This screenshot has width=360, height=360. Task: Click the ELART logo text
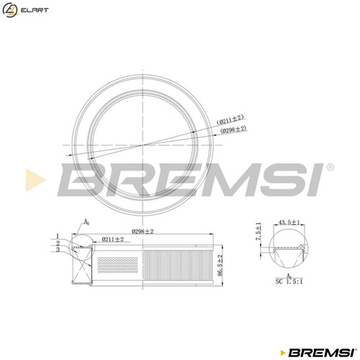35,10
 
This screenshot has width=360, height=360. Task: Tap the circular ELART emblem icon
10,10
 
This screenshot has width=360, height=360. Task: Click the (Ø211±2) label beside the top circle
230,120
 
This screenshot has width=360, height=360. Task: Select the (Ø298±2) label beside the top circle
233,130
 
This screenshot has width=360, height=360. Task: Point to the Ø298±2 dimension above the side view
143,232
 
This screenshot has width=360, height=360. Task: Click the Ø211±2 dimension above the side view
112,239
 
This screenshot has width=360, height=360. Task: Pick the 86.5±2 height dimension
220,265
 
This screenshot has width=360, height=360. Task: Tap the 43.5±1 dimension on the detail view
289,222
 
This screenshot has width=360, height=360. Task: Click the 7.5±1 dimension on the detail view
258,231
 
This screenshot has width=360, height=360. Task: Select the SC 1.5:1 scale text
289,282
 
